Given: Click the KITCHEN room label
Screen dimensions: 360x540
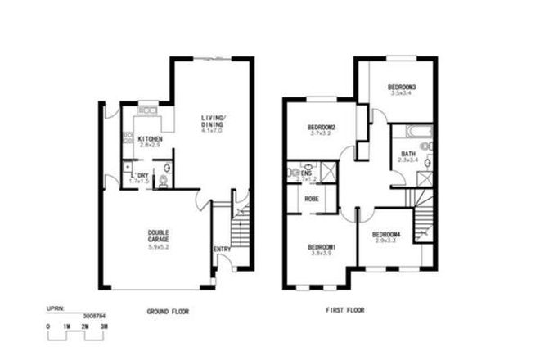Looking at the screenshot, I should [x=150, y=139].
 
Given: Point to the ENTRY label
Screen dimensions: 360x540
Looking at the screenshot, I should [x=222, y=250].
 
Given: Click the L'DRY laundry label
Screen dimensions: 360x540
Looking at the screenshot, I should [x=140, y=175].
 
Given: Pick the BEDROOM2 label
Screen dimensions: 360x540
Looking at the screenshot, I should [x=322, y=127].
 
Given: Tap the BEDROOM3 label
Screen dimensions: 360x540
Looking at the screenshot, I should [x=403, y=88].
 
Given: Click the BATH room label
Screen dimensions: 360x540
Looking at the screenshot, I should [x=408, y=154].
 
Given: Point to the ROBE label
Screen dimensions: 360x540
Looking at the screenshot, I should [x=312, y=199].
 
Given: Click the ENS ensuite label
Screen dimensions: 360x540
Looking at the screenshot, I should [x=307, y=173].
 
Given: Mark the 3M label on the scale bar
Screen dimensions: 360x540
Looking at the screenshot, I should [x=104, y=326].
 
